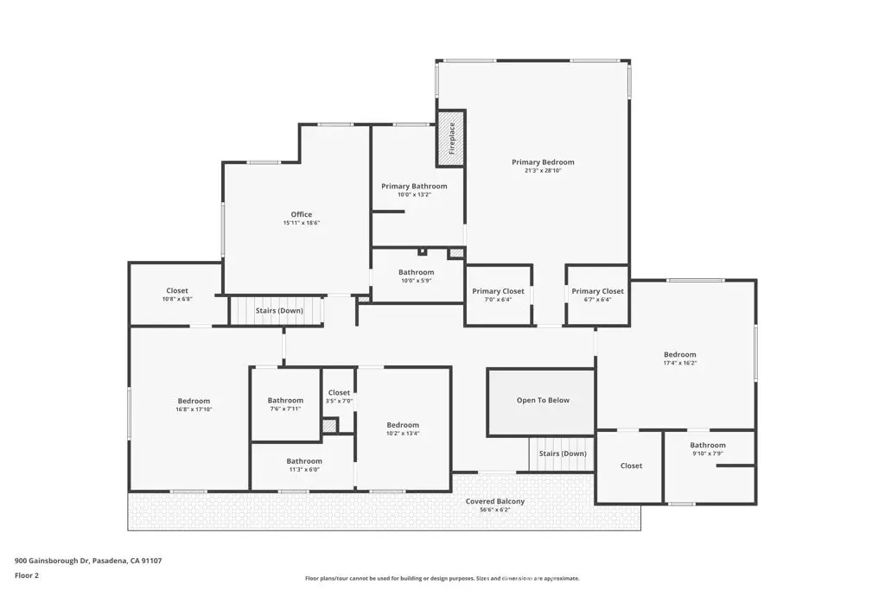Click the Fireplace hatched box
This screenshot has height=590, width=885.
(450, 138)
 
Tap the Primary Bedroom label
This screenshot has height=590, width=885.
(543, 162)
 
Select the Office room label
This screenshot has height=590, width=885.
(302, 214)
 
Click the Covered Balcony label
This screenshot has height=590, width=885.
(495, 501)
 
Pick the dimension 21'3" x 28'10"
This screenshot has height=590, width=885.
(543, 170)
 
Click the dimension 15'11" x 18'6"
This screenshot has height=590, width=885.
(302, 223)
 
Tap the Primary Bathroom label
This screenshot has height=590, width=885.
(414, 186)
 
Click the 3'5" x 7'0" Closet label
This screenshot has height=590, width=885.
(339, 392)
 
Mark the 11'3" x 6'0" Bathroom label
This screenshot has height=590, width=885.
(304, 461)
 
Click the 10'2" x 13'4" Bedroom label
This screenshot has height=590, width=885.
(403, 425)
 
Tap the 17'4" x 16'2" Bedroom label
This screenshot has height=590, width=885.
(680, 355)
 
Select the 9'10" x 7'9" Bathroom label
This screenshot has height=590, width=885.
(708, 445)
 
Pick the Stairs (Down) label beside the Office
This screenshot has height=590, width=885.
(279, 311)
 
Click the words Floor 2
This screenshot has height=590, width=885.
(27, 576)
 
